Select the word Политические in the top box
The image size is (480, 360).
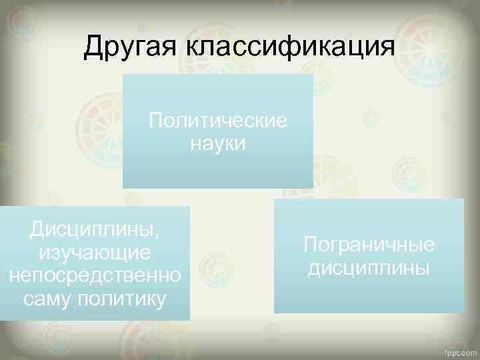coord(218,121)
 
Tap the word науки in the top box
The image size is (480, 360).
coord(218,143)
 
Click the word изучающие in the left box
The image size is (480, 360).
coord(95,253)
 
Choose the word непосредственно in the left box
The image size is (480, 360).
coord(95,276)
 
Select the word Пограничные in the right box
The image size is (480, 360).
coord(369,245)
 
